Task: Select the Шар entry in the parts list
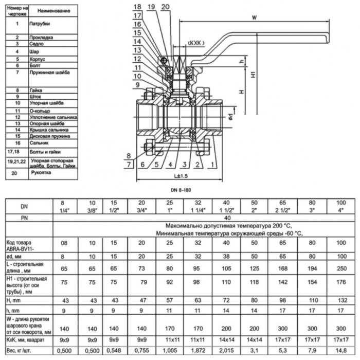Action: [34, 52]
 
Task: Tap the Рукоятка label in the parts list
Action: [40, 174]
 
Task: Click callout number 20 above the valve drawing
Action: [165, 6]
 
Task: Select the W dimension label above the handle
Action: [254, 18]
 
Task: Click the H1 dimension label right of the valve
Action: [254, 75]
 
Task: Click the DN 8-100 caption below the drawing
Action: [179, 189]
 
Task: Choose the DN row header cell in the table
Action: [24, 206]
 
